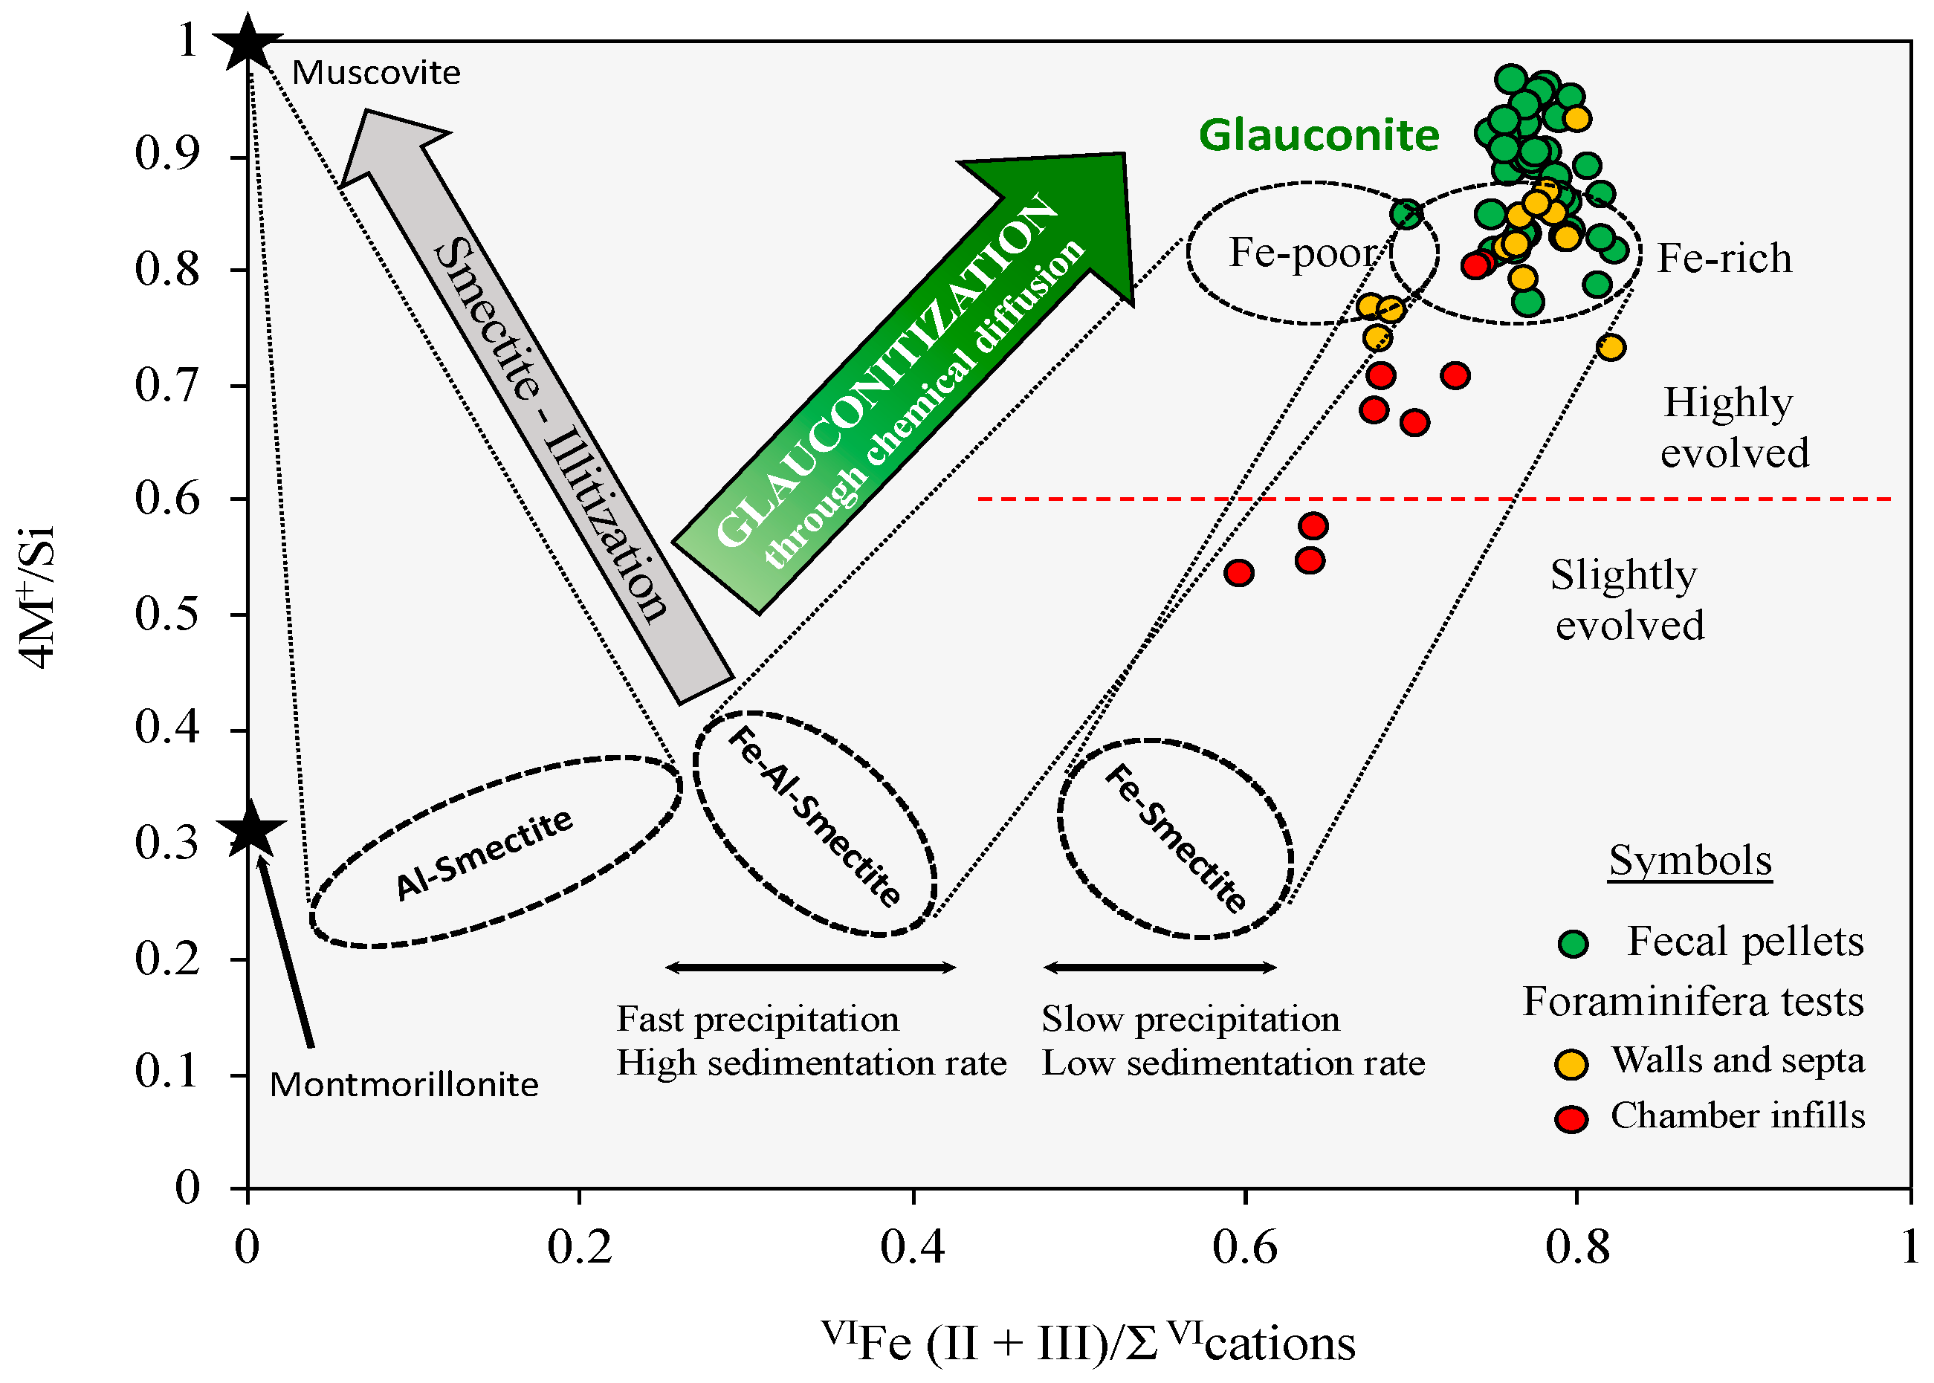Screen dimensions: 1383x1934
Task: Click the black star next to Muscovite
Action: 247,42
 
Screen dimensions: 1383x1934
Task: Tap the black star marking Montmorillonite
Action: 251,828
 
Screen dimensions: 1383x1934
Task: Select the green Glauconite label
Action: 1319,135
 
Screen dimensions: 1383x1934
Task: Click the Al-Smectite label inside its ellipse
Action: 484,853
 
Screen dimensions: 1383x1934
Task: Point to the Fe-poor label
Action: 1302,253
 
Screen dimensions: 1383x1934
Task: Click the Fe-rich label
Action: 1724,258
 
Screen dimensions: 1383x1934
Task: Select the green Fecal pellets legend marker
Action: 1572,944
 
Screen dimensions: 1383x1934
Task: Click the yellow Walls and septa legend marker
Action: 1571,1063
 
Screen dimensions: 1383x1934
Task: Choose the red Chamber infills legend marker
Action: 1571,1119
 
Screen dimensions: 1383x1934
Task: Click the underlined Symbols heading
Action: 1689,861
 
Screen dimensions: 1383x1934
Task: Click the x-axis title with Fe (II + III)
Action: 1087,1342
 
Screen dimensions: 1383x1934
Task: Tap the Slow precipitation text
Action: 1190,1020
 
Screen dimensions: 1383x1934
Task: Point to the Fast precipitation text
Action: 757,1020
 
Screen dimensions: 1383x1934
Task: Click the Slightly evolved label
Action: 1626,600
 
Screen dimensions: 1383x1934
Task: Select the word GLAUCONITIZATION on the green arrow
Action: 886,369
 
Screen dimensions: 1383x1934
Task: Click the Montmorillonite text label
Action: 404,1085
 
